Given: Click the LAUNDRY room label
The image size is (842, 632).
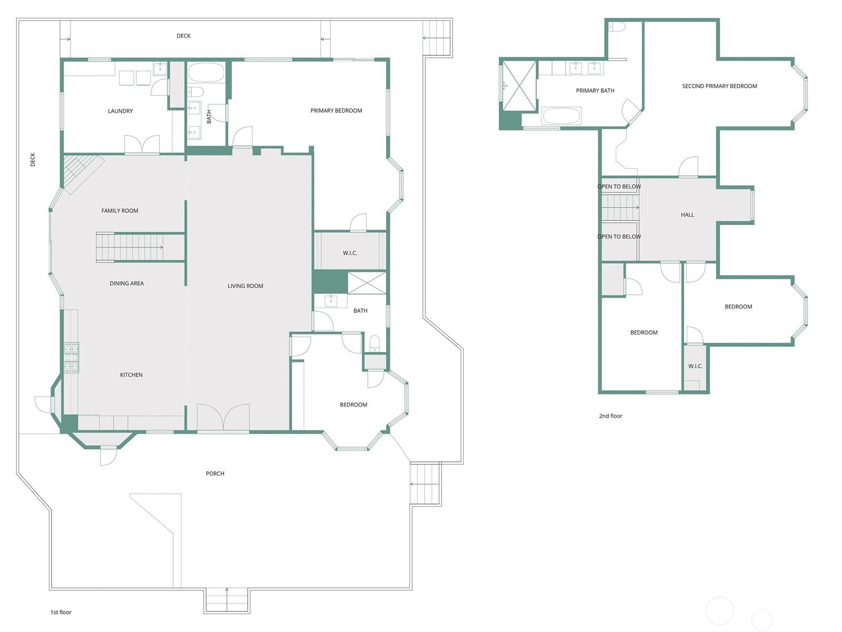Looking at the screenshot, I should (120, 111).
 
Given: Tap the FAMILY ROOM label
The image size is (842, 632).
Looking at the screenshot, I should (120, 211).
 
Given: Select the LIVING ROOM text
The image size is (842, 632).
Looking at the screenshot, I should (245, 286).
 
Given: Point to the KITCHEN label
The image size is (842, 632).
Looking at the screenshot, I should (131, 375).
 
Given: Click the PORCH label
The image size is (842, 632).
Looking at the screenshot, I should (215, 473).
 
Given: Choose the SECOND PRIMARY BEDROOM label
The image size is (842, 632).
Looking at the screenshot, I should (719, 86).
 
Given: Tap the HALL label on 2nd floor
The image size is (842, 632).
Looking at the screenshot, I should (687, 215).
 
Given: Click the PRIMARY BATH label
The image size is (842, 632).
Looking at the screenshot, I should (595, 91).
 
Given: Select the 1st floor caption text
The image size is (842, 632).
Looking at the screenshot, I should (61, 612).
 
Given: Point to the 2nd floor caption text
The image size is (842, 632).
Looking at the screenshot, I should (610, 416).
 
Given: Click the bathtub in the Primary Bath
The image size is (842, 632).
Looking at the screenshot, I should (561, 116).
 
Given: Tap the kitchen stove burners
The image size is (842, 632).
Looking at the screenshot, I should (71, 357).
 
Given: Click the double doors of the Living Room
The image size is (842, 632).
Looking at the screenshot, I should (223, 417).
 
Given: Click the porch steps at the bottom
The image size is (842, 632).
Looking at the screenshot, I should (227, 600).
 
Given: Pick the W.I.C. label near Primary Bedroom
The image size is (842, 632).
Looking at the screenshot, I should (350, 253).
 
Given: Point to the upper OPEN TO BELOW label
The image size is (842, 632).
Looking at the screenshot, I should (619, 186).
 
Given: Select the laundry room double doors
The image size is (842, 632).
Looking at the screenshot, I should (142, 144).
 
